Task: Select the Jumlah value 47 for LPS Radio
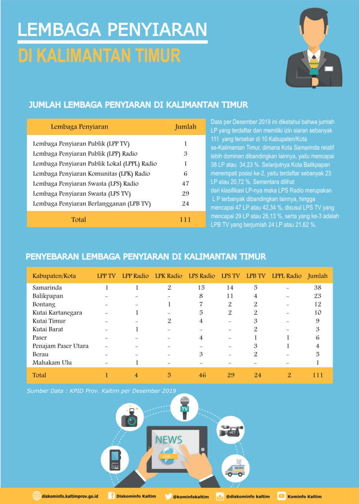coord(186,183)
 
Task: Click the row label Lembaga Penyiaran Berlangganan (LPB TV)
coord(92,204)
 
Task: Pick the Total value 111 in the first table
coord(185,219)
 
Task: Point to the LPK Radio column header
coord(169,276)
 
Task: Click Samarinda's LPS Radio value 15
coord(202,288)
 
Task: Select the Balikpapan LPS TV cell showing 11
coord(230,296)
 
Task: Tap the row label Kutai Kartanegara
coord(58,313)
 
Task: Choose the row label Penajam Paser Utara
coord(61,346)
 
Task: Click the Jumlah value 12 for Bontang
coord(317,304)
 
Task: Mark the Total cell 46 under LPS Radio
coord(202,375)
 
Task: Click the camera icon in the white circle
coord(129,417)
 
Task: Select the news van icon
coord(235,469)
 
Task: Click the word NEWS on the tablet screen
coord(169,440)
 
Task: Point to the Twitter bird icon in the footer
coord(169,497)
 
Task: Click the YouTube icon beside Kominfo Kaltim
coord(282,496)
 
